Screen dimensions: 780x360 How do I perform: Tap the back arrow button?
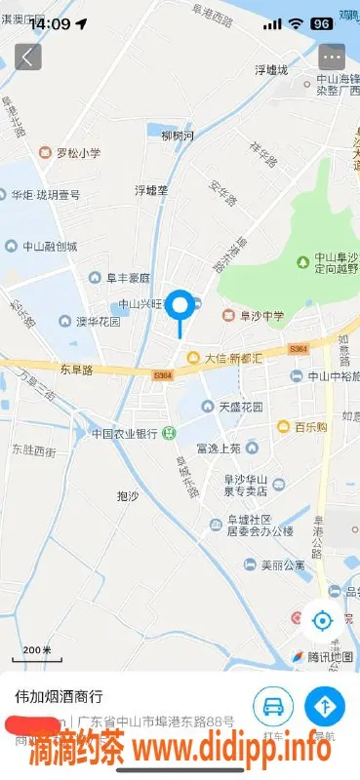point(27,57)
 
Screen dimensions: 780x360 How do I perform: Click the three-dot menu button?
point(332,57)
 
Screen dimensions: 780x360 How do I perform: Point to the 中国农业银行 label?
point(125,433)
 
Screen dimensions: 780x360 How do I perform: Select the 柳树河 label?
point(178,135)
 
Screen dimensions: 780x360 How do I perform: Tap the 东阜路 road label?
point(75,370)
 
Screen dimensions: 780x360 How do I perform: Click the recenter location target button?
point(322,618)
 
